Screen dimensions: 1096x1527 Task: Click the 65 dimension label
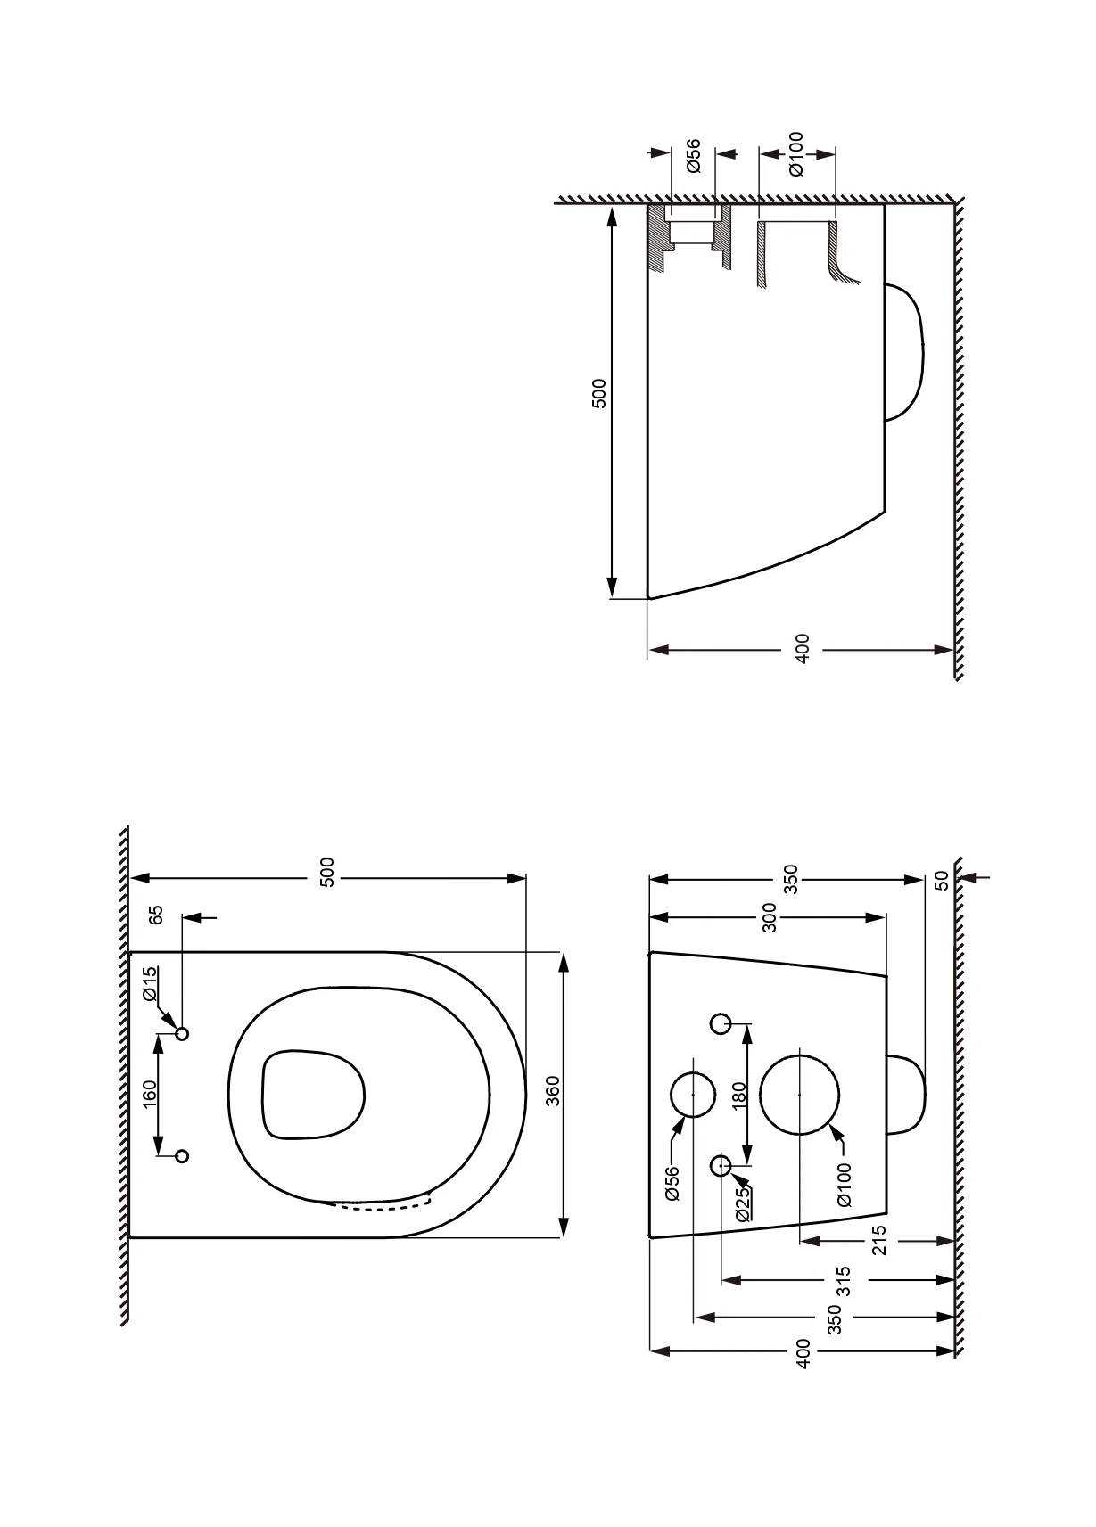[x=156, y=915]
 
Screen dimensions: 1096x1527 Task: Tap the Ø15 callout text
[x=151, y=984]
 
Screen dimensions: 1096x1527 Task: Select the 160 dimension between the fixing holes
[x=149, y=1094]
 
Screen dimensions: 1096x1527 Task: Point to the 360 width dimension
[x=553, y=1091]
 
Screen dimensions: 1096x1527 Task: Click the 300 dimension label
[x=769, y=917]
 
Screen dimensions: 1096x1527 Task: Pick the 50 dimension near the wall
[x=941, y=880]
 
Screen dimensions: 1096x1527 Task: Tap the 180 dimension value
[x=738, y=1096]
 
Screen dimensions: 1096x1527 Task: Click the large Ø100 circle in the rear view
[x=799, y=1095]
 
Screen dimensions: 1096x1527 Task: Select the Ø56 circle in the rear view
[x=693, y=1094]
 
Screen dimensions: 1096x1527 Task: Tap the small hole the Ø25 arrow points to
[x=721, y=1166]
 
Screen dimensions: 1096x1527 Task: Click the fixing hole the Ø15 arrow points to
[x=182, y=1034]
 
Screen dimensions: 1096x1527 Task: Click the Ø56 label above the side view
[x=693, y=155]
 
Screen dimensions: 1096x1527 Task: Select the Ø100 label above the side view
[x=795, y=155]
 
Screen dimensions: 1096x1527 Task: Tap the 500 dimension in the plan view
[x=327, y=872]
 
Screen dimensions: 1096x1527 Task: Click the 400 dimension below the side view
[x=802, y=648]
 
